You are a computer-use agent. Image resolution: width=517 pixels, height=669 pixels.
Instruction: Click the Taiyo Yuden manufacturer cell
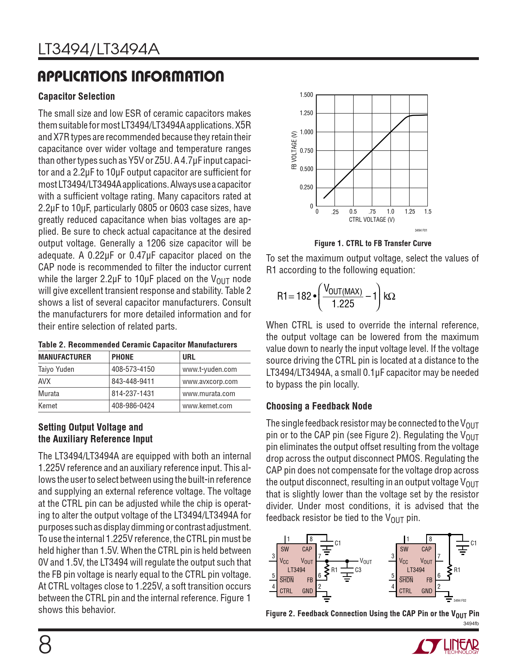click(x=56, y=369)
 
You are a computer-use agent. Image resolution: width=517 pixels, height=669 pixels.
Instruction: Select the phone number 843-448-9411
click(x=133, y=382)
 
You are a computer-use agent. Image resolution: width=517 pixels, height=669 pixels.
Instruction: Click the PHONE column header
click(x=122, y=357)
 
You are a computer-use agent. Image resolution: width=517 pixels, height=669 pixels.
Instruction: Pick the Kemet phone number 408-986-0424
click(x=133, y=406)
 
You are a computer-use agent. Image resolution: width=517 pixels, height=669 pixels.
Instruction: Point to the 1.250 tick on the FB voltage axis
click(x=306, y=114)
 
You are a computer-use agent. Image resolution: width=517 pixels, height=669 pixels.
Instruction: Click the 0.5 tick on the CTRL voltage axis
click(x=353, y=212)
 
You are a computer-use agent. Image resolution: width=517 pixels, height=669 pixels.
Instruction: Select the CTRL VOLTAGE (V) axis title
click(x=371, y=220)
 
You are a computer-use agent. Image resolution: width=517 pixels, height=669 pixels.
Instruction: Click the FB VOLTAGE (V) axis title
click(x=294, y=150)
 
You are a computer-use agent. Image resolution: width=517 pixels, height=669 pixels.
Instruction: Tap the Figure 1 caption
click(x=373, y=243)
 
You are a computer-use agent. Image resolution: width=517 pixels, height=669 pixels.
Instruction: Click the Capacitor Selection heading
click(x=77, y=96)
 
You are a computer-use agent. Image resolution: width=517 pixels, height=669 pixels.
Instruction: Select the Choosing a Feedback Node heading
click(x=319, y=406)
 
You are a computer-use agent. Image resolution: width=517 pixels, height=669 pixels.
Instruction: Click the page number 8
click(x=45, y=645)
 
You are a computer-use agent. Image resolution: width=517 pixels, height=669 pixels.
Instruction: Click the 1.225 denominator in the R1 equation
click(x=343, y=304)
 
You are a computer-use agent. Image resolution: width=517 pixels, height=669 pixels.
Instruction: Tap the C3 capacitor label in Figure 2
click(x=358, y=570)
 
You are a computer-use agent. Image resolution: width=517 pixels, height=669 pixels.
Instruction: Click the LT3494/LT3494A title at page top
click(x=99, y=49)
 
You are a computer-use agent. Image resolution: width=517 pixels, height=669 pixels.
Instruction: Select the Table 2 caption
click(x=137, y=345)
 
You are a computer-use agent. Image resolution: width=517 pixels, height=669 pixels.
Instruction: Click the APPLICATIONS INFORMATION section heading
click(x=131, y=76)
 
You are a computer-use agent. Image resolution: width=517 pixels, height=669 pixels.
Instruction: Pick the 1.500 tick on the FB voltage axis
click(x=306, y=95)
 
